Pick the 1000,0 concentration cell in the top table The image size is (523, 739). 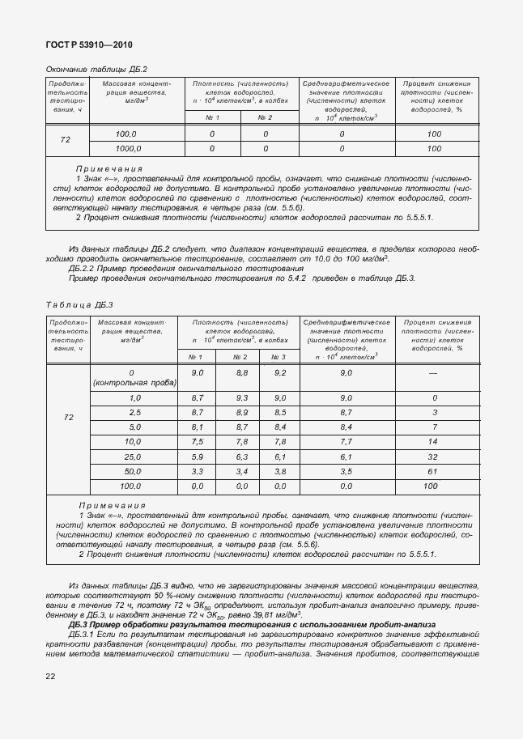[128, 148]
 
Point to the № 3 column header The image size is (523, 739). [279, 357]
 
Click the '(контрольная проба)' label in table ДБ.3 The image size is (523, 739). [134, 381]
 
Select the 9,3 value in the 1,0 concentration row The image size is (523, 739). [240, 398]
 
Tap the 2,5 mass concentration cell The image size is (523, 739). [134, 413]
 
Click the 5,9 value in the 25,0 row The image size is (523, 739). [197, 457]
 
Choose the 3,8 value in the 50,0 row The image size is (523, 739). [280, 471]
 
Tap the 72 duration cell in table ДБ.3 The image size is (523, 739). [68, 417]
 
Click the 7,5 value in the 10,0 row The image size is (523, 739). [197, 442]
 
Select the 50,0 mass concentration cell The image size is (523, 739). [133, 471]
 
